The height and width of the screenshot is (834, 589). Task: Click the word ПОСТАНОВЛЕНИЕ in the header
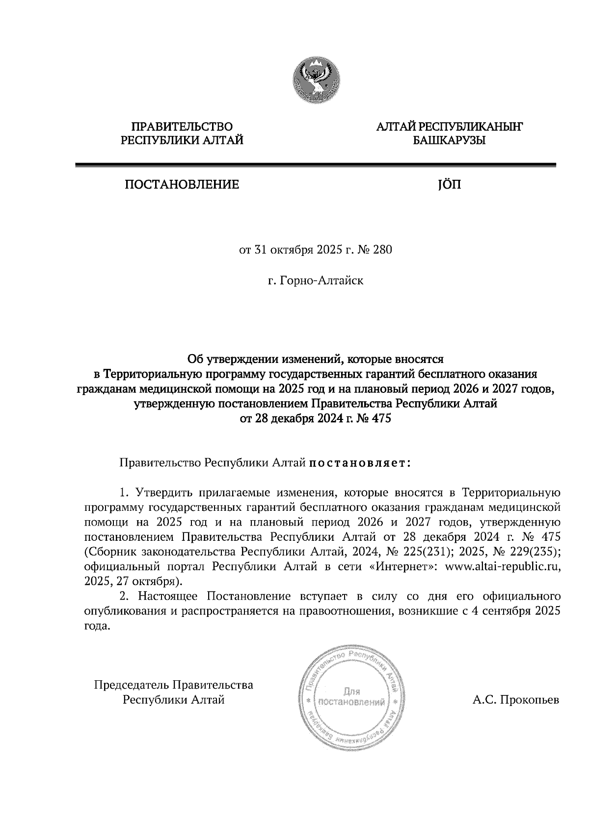pos(182,185)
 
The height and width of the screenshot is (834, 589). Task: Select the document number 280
pos(383,250)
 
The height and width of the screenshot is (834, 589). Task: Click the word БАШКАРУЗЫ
pos(449,141)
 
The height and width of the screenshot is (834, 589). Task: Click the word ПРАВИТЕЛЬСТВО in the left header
pos(182,127)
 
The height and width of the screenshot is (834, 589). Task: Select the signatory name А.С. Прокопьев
pos(515,699)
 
